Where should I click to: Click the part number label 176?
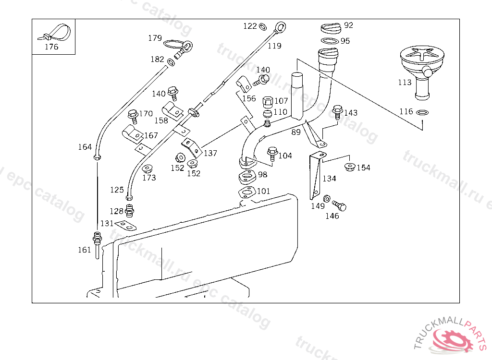click(51, 47)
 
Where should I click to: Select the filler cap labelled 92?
click(331, 27)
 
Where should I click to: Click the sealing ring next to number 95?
click(329, 41)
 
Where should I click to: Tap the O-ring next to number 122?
click(263, 26)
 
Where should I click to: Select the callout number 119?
click(274, 46)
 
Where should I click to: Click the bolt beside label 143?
click(337, 112)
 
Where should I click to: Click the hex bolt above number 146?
click(340, 205)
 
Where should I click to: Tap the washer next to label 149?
click(327, 198)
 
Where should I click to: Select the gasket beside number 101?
click(247, 192)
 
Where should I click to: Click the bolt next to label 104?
click(272, 153)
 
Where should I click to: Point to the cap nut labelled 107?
click(267, 102)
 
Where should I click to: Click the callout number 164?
click(85, 147)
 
